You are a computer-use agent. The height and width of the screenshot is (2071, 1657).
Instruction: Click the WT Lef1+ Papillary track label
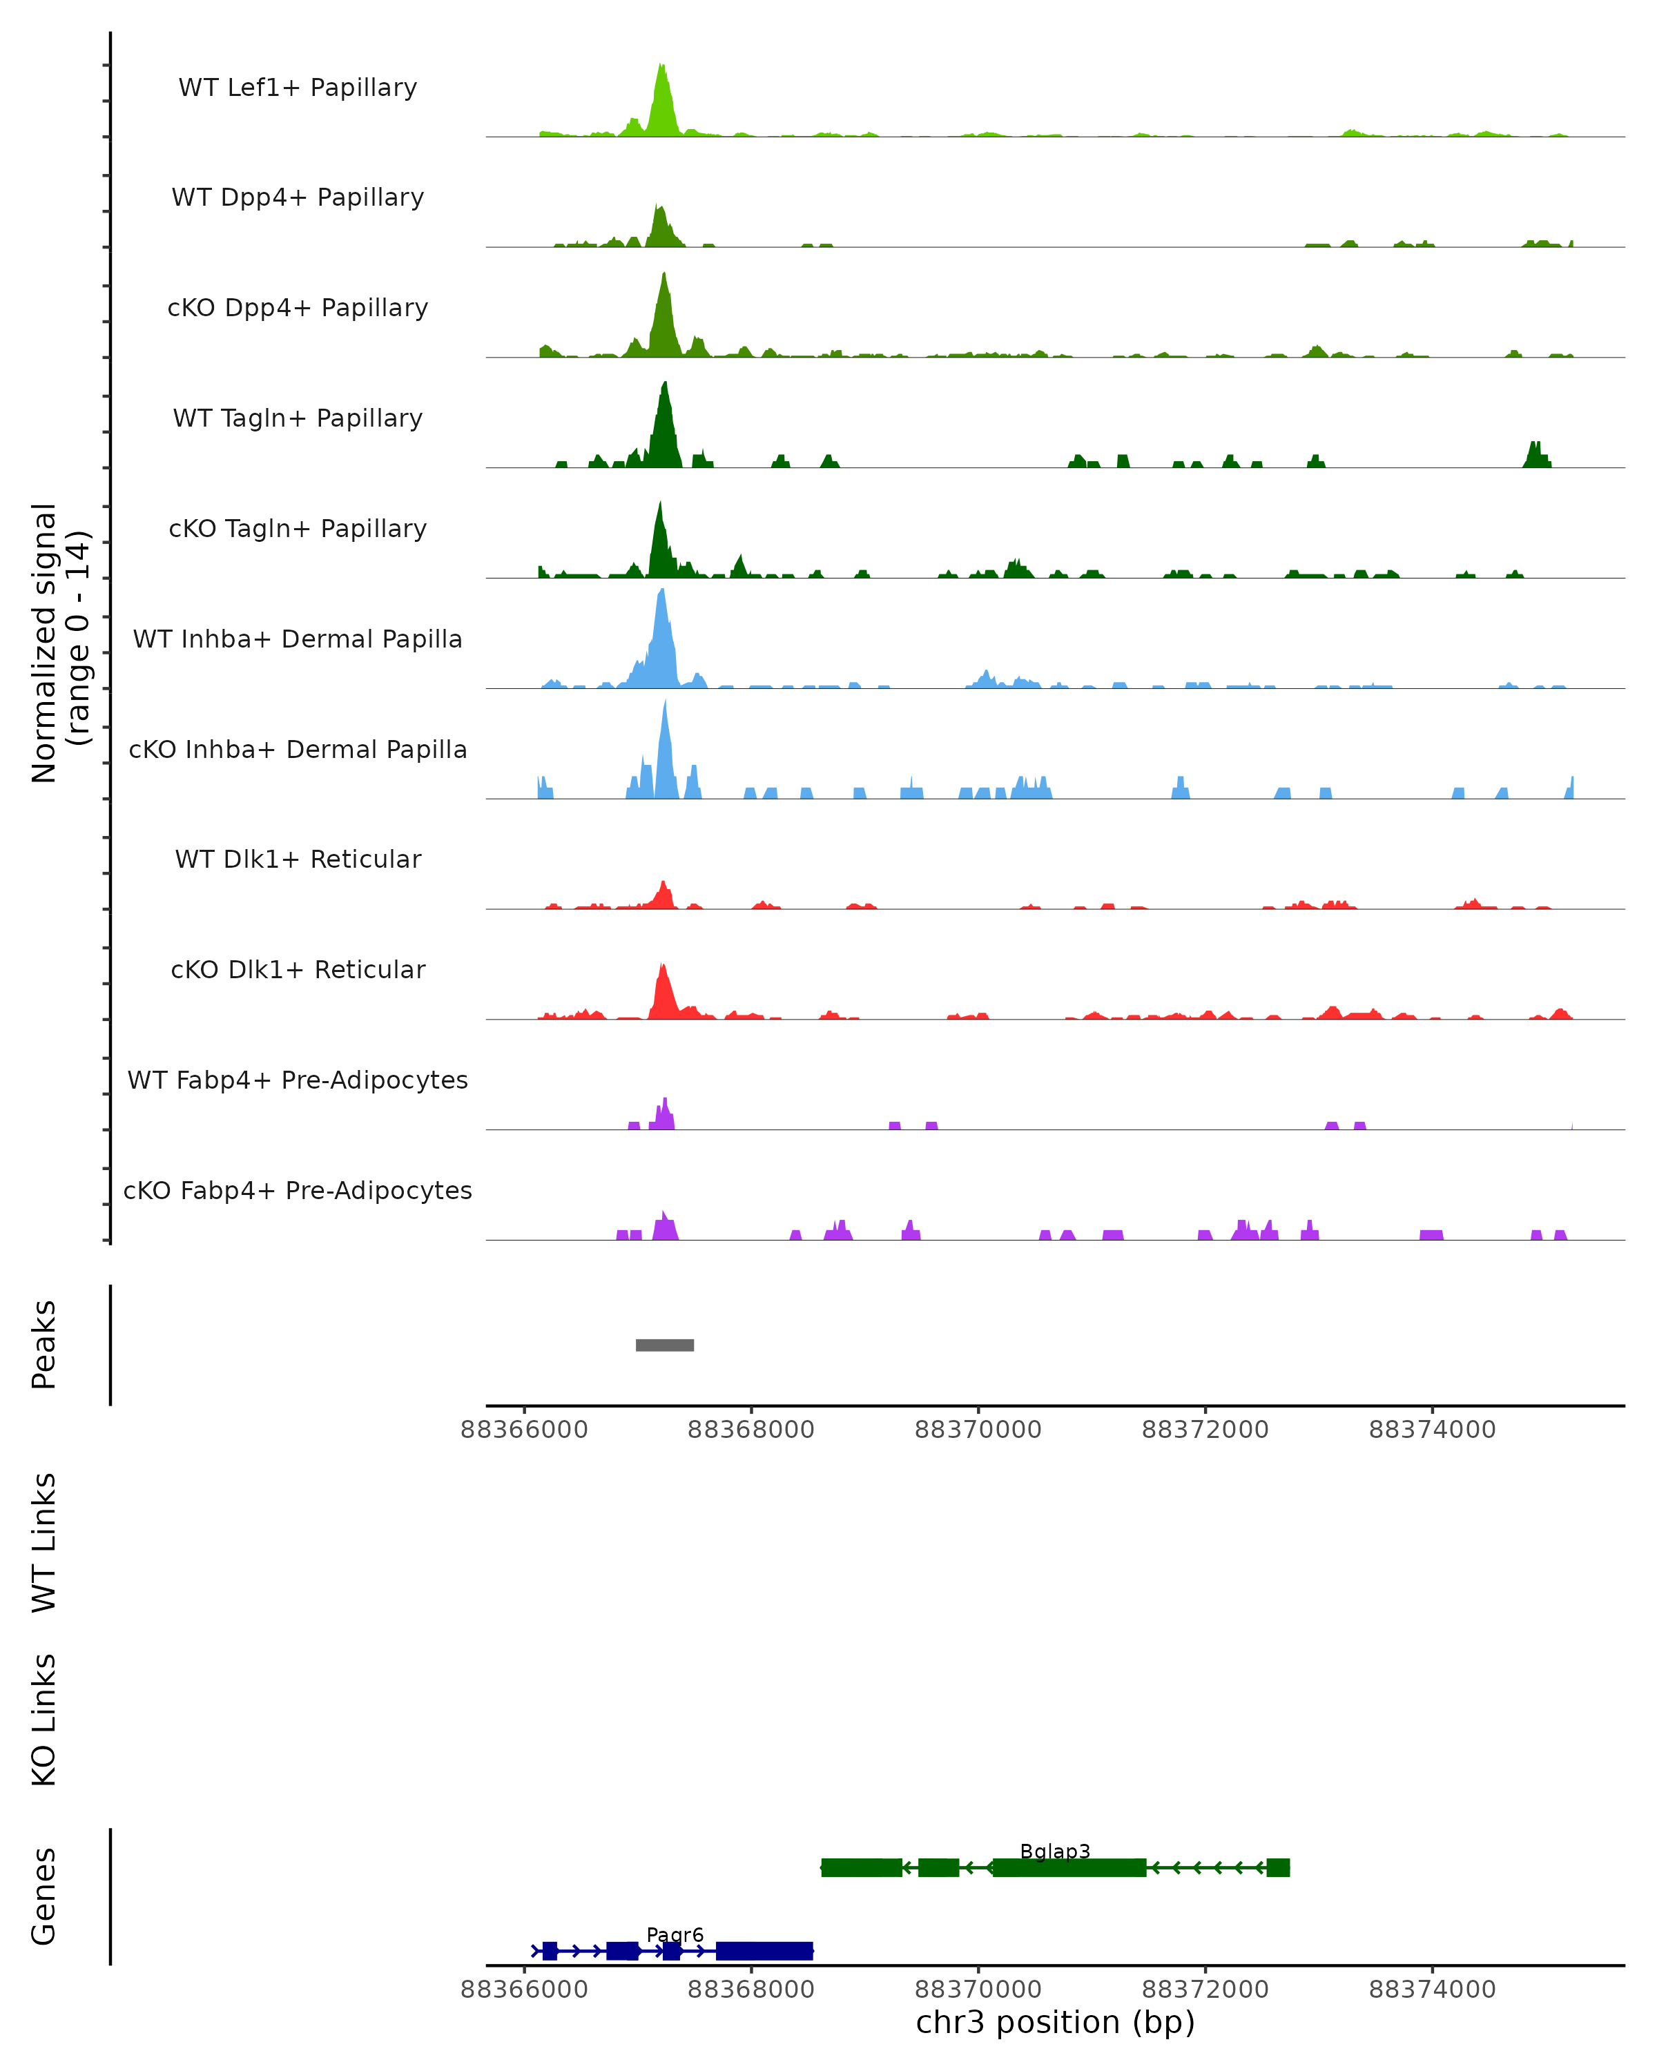[298, 88]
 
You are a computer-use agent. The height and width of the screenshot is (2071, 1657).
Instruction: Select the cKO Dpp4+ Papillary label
[298, 309]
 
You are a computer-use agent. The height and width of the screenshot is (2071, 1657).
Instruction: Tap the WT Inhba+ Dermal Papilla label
[298, 640]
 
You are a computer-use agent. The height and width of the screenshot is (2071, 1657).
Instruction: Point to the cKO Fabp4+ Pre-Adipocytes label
[298, 1191]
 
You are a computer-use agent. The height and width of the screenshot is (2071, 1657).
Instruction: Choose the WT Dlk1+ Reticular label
[298, 859]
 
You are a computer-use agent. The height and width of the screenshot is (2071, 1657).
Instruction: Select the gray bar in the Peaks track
[665, 1345]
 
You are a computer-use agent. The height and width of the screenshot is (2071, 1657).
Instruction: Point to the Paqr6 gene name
[675, 1934]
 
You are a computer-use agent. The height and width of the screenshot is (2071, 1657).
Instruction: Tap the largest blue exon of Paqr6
[764, 1951]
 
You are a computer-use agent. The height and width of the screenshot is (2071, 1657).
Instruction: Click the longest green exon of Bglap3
[1069, 1867]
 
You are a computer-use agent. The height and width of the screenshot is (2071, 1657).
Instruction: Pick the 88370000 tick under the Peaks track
[978, 1430]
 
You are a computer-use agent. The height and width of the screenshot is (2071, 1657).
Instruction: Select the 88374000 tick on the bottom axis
[1431, 1990]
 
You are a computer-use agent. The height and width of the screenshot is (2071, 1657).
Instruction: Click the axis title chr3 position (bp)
[1055, 2023]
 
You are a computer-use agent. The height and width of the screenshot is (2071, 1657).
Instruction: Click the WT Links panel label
[44, 1543]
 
